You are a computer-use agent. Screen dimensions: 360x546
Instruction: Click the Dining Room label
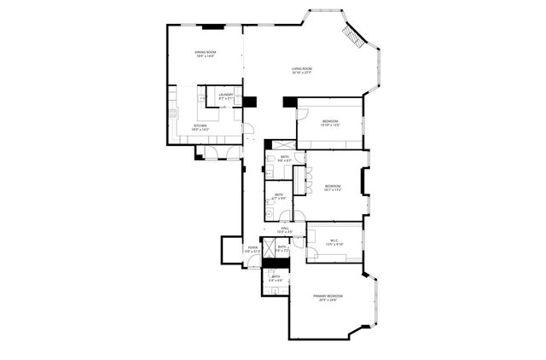(x=204, y=53)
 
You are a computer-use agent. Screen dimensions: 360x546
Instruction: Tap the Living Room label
(x=301, y=69)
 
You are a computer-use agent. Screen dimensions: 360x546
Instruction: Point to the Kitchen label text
(x=200, y=125)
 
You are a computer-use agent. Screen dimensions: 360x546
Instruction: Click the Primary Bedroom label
(x=328, y=295)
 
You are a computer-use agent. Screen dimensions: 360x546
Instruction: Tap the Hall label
(x=285, y=228)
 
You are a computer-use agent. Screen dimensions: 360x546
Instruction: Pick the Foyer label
(x=253, y=247)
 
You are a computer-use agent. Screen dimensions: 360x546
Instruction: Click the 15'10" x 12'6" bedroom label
(x=330, y=121)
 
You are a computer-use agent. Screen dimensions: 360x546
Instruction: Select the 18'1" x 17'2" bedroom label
(x=333, y=185)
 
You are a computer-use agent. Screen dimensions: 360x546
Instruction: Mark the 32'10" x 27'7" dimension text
(x=301, y=73)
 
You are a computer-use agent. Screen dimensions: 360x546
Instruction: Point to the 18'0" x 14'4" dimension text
(x=204, y=57)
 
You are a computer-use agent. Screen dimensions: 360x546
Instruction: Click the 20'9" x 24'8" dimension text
(x=328, y=299)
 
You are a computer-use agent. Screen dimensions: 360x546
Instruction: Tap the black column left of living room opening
(x=249, y=102)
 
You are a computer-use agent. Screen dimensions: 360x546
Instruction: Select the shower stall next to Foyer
(x=270, y=248)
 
